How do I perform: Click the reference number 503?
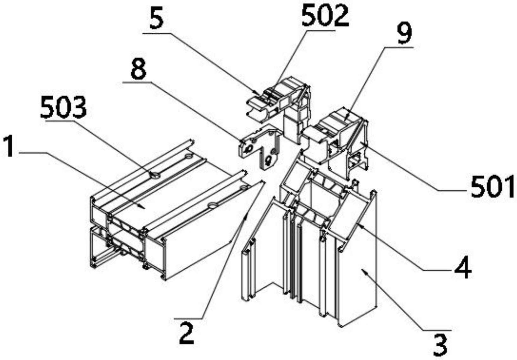(63, 108)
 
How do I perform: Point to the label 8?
(138, 69)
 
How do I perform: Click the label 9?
(404, 33)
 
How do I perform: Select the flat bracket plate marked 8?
(259, 144)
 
